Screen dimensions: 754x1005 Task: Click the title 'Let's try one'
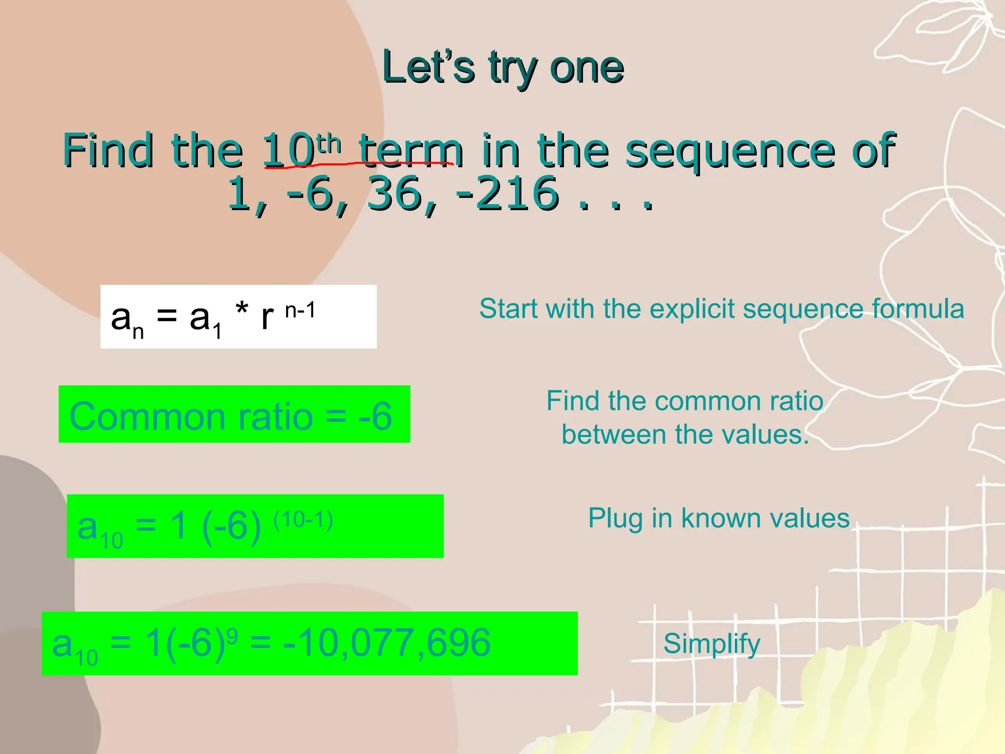click(502, 68)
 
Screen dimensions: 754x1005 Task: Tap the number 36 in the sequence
click(395, 194)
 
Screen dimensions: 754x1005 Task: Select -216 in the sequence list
click(507, 194)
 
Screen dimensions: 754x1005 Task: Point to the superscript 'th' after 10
click(329, 144)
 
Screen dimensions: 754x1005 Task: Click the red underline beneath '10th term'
click(358, 164)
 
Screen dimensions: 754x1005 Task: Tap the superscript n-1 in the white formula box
click(300, 310)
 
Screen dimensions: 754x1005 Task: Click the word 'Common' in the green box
click(147, 416)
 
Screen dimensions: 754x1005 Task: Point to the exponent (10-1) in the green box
click(303, 519)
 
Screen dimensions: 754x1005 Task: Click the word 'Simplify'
click(712, 644)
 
